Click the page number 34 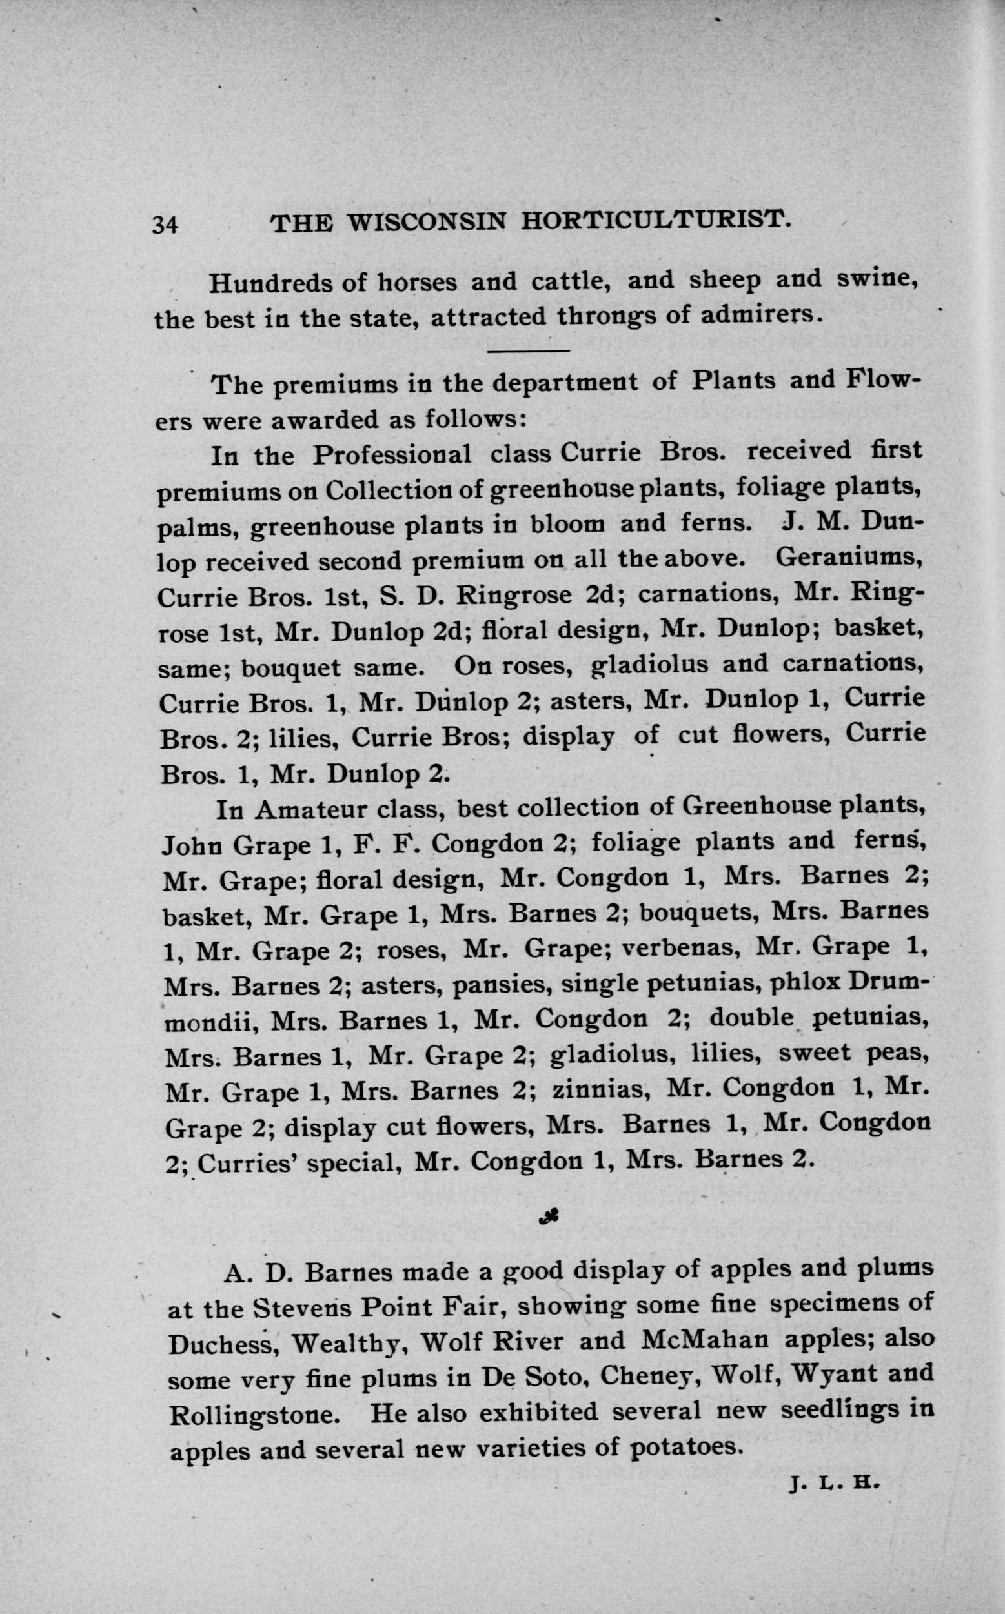point(165,225)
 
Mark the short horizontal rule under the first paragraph point(529,350)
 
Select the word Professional point(392,455)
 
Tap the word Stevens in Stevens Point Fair point(299,1309)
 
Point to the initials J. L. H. point(835,1483)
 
